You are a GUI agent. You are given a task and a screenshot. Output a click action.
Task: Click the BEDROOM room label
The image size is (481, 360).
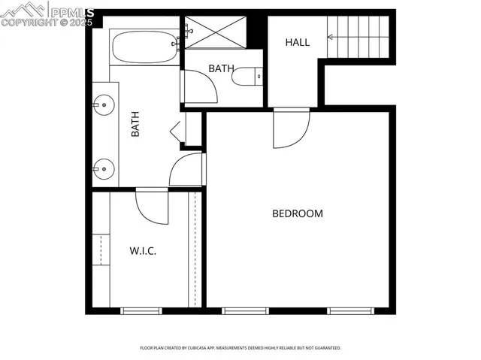coord(297,213)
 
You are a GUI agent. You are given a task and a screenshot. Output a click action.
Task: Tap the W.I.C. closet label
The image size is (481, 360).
coord(142,251)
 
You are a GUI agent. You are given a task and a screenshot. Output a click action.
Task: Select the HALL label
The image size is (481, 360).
coord(297,42)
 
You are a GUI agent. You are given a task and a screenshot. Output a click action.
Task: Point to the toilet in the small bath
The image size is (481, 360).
coord(247,76)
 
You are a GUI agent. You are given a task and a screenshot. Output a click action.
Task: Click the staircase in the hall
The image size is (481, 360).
coord(358,36)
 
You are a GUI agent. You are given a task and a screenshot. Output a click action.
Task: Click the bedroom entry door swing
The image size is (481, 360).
coord(289,127)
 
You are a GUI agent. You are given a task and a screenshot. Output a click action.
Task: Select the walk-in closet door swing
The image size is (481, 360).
coord(153,206)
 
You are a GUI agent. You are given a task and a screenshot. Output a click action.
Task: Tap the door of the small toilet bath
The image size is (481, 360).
coord(200,86)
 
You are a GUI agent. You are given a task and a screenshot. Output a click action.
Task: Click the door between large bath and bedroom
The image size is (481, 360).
coord(187,170)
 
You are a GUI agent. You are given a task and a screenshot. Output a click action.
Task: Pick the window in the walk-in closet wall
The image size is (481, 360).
coord(141,310)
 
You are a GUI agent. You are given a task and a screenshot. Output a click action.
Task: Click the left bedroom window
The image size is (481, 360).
coord(245,310)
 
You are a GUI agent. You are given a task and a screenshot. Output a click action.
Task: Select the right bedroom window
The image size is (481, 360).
coord(349,310)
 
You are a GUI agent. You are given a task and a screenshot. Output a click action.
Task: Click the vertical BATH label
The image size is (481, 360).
coord(136,124)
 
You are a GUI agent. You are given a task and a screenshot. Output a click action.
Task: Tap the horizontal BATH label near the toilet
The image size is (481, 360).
coord(221,68)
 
